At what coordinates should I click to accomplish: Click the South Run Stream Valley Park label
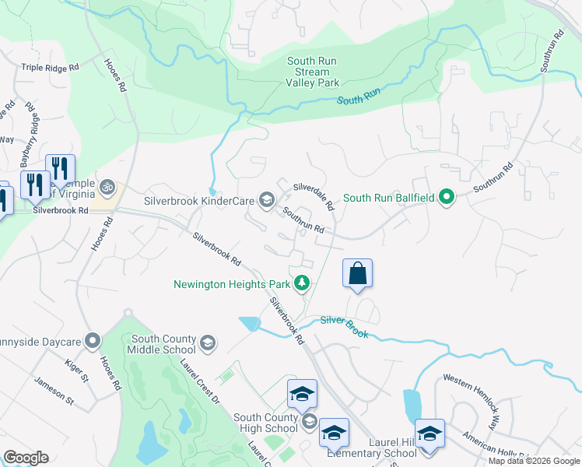click(312, 72)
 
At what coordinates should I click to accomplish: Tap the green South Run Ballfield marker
click(446, 197)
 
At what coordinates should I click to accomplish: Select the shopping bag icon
click(357, 274)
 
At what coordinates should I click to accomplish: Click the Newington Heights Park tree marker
click(307, 283)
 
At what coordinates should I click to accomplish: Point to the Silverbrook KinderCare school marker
click(267, 201)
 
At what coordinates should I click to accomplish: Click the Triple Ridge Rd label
click(51, 68)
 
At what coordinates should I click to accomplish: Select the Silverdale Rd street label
click(314, 196)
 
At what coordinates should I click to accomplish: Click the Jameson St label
click(53, 392)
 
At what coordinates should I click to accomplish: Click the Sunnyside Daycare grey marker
click(93, 340)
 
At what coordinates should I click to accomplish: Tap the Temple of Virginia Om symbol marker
click(107, 188)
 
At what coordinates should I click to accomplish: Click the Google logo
click(26, 458)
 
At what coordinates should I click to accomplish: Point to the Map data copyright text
click(534, 461)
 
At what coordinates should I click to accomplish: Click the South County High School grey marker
click(309, 423)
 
